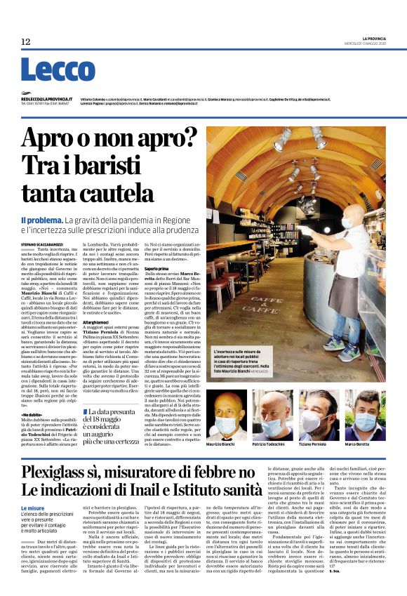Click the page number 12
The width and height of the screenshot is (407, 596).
tap(26, 42)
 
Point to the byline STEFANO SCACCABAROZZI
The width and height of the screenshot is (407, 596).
tap(44, 243)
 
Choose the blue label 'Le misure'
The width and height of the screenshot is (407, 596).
tap(32, 507)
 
